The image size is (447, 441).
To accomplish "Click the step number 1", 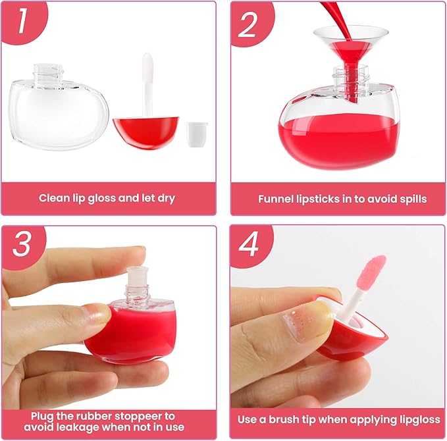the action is [x=22, y=20].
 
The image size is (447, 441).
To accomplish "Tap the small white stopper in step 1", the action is [x=196, y=134].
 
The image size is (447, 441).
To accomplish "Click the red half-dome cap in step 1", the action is [x=145, y=132].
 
